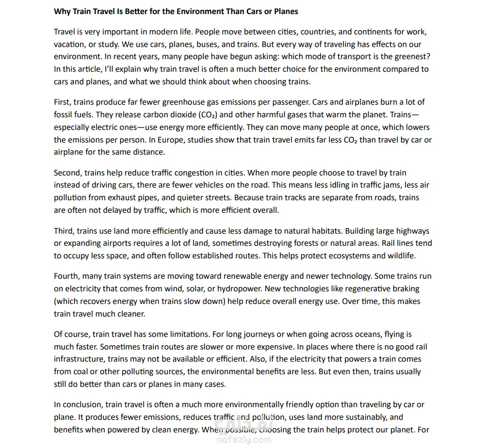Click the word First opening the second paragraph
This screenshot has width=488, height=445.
[62, 102]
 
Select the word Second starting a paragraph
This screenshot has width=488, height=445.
[68, 173]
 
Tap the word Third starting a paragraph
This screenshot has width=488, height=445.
[64, 231]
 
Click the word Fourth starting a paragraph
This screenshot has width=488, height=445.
[66, 276]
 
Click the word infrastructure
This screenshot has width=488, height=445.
[80, 359]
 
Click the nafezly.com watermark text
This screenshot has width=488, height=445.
[244, 440]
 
